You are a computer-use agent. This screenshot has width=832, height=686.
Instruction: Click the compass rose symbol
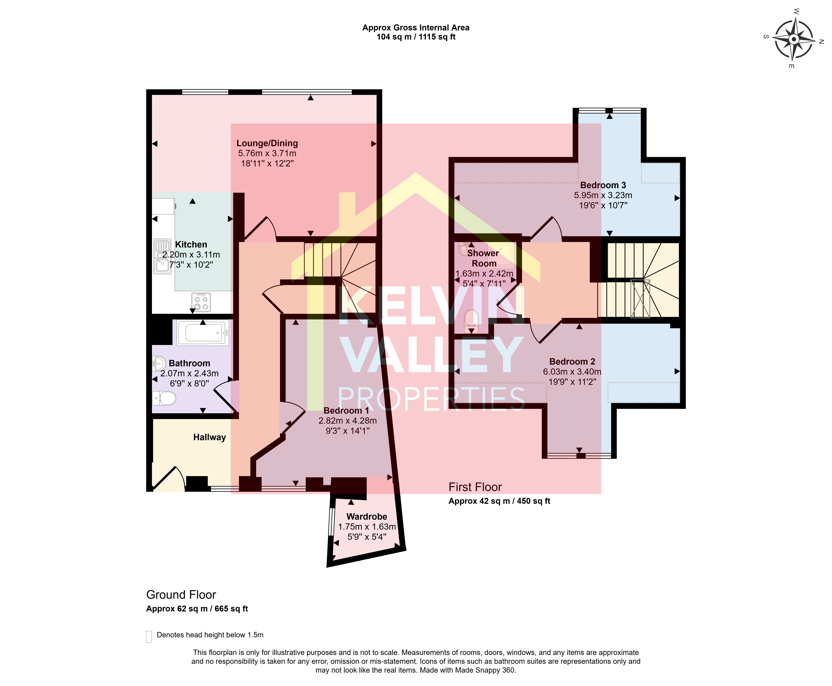pyautogui.click(x=794, y=39)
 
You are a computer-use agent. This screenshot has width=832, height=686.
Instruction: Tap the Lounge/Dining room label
pyautogui.click(x=267, y=143)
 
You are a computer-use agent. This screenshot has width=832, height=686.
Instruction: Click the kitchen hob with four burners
pyautogui.click(x=201, y=302)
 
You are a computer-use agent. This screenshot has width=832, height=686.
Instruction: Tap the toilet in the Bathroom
pyautogui.click(x=164, y=398)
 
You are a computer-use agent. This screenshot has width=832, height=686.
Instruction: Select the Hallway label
pyautogui.click(x=209, y=437)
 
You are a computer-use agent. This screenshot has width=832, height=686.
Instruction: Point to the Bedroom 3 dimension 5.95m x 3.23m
pyautogui.click(x=603, y=195)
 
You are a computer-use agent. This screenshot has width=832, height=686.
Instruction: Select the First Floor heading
pyautogui.click(x=475, y=487)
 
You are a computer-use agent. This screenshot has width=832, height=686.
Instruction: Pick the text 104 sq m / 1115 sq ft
pyautogui.click(x=416, y=37)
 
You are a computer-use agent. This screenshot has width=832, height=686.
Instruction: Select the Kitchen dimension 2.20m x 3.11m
pyautogui.click(x=191, y=254)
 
